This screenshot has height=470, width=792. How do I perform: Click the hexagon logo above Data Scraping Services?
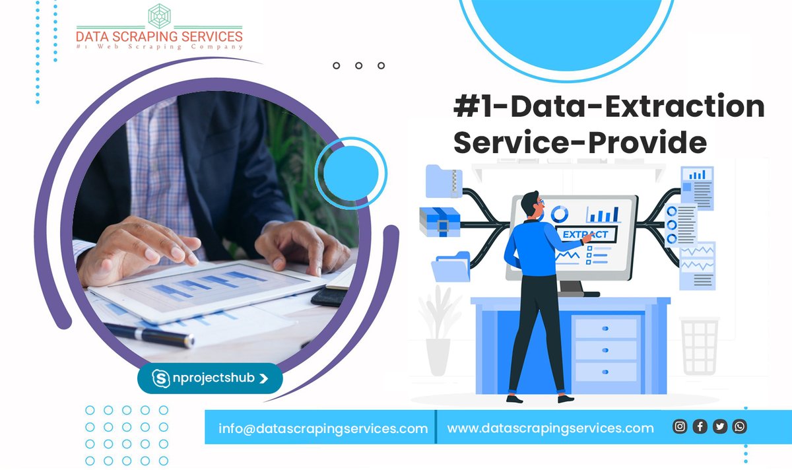click(x=159, y=16)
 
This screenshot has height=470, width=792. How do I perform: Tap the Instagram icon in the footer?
click(x=680, y=426)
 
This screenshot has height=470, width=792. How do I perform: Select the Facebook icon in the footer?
click(x=700, y=426)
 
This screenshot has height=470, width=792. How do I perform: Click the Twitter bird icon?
click(x=720, y=426)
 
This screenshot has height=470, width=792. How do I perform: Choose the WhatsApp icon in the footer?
click(x=740, y=426)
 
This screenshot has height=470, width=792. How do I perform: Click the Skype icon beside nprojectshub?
click(x=162, y=378)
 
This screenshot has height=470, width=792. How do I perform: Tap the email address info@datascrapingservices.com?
click(x=323, y=428)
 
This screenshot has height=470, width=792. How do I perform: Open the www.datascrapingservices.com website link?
click(x=550, y=428)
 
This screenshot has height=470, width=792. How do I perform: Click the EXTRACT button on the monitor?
click(x=586, y=234)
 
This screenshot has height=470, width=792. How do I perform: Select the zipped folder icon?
click(x=444, y=180)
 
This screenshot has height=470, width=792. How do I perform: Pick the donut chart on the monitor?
click(x=559, y=213)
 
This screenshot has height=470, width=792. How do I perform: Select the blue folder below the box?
click(x=450, y=267)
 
